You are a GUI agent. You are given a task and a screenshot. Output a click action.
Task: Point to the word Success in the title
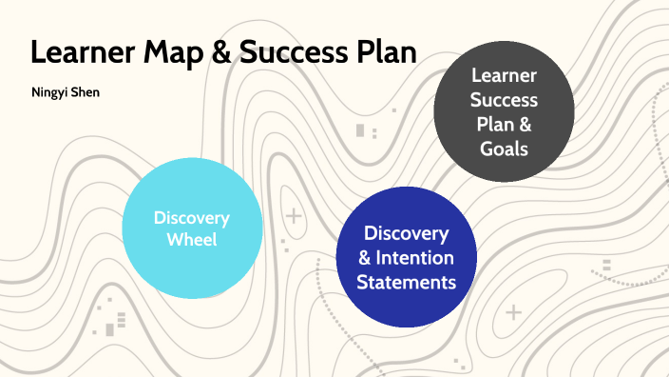[x=291, y=52]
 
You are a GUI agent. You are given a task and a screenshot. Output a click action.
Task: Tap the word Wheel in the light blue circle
[x=191, y=239]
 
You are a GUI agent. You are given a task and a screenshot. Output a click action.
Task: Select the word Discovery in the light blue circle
[x=191, y=218]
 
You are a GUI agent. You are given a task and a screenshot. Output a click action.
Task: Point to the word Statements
[x=407, y=282]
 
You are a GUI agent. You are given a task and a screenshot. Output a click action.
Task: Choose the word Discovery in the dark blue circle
[x=407, y=234]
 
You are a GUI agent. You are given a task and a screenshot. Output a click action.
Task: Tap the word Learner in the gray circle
[x=504, y=76]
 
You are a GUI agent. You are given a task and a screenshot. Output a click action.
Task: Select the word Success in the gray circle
[x=504, y=100]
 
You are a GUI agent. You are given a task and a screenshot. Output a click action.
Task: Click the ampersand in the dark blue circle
[x=365, y=258]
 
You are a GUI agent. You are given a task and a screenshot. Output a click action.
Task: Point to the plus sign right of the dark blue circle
[x=514, y=311]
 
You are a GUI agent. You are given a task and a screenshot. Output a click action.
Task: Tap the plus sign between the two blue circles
[x=294, y=216]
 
